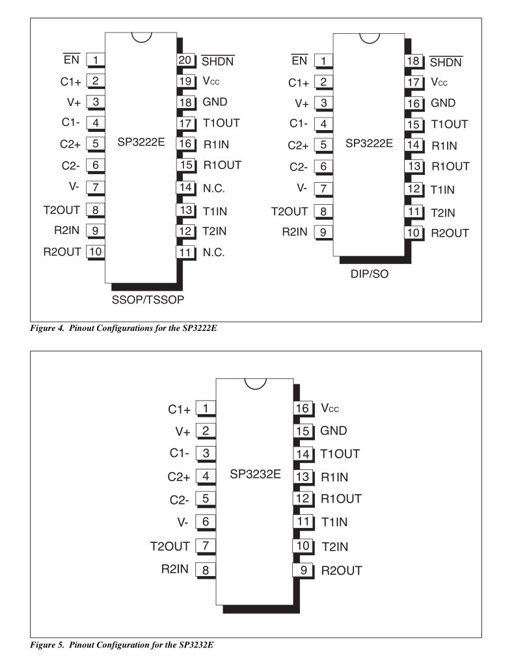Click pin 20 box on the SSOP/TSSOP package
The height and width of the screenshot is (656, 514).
(185, 60)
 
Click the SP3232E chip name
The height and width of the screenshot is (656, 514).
(255, 475)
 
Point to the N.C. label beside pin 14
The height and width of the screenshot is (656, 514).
(213, 188)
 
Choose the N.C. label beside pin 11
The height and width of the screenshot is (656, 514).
(213, 252)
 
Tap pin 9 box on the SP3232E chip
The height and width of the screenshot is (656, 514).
(303, 570)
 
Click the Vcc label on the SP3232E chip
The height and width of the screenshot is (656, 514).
(331, 408)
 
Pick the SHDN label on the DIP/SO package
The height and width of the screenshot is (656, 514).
(446, 62)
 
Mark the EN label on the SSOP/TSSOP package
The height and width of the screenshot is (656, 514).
(72, 60)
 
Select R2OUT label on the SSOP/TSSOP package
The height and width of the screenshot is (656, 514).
(62, 252)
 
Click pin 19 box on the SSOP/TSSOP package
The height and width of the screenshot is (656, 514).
(185, 82)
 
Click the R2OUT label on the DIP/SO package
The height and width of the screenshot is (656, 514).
(450, 233)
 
